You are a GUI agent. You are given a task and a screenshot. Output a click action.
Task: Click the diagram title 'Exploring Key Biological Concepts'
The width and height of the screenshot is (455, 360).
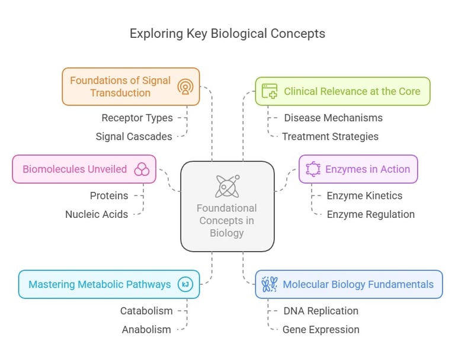click(x=227, y=33)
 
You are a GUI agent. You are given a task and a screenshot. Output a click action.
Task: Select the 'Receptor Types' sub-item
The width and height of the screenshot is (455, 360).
click(x=137, y=118)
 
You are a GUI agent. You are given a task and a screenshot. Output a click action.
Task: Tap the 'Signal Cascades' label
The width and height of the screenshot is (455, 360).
click(x=134, y=136)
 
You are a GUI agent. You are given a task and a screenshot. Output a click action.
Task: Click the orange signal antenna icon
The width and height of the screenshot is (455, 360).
click(x=185, y=86)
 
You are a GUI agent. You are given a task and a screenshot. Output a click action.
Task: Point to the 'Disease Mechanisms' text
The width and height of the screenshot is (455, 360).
click(x=333, y=118)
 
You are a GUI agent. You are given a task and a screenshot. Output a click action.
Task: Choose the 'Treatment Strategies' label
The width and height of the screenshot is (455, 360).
click(x=330, y=136)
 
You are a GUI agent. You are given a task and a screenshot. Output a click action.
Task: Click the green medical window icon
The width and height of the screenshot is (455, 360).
click(x=270, y=91)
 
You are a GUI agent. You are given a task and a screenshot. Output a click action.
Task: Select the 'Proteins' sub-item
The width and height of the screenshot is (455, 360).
click(x=108, y=195)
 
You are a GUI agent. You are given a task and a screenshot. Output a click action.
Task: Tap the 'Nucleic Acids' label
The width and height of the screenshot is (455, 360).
click(x=97, y=214)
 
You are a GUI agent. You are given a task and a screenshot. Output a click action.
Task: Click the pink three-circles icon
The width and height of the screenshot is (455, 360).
click(x=142, y=169)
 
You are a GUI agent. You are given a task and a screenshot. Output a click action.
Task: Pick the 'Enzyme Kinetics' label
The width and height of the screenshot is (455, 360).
click(x=364, y=195)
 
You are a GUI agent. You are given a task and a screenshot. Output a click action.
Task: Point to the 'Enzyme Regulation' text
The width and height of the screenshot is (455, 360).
click(x=370, y=214)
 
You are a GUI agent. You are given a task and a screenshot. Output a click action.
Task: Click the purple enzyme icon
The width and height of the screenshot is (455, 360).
click(x=313, y=169)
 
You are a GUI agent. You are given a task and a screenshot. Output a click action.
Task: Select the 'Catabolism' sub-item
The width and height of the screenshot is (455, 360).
click(x=146, y=311)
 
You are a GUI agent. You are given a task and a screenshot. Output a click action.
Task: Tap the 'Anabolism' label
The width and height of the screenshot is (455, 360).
click(x=146, y=329)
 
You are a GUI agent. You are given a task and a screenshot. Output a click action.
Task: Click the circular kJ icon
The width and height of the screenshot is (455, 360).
click(x=185, y=284)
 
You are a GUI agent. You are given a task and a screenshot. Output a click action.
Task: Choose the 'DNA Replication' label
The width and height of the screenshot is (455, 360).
click(x=321, y=311)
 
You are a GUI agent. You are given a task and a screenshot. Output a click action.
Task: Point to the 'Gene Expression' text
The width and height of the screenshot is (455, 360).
click(x=321, y=329)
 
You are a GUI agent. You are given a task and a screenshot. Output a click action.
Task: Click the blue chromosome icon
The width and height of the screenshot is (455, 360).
click(x=270, y=284)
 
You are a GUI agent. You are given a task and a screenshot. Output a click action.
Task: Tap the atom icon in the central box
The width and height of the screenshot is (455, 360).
click(x=227, y=186)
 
